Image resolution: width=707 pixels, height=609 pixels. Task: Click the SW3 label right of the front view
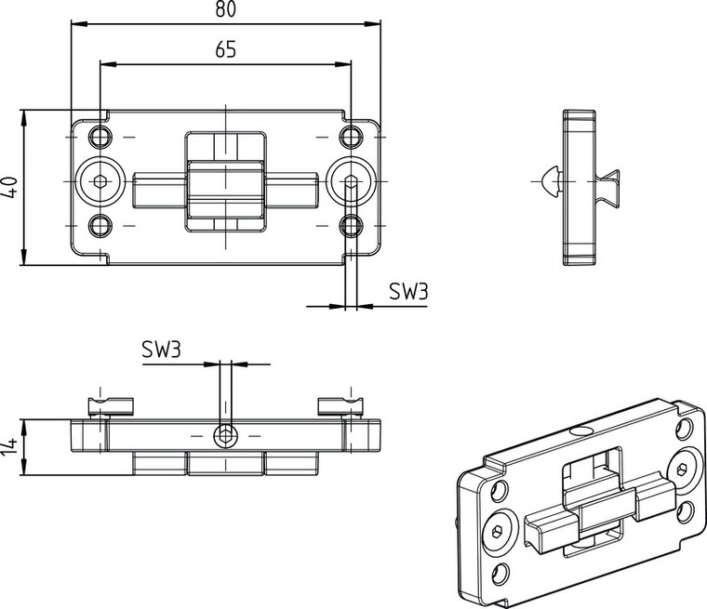tap(408, 292)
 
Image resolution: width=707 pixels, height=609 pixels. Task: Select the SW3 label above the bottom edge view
tap(161, 351)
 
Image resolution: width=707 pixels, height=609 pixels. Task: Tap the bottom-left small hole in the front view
tap(100, 225)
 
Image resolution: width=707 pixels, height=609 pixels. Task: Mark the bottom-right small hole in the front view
tap(350, 225)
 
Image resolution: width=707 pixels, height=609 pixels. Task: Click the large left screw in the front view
tap(100, 182)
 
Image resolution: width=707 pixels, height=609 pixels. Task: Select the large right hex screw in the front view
tap(351, 182)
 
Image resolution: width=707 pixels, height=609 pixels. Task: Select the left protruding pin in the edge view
tap(111, 405)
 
